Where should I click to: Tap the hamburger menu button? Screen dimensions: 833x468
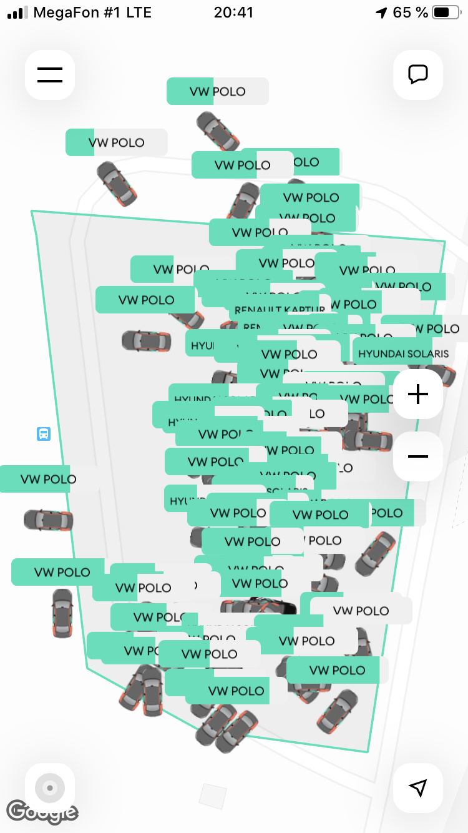[50, 75]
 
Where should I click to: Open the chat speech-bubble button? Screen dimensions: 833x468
[418, 75]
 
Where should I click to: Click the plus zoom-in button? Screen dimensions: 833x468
[418, 394]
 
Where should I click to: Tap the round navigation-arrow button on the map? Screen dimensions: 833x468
[418, 788]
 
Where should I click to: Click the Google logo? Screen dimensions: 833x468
[42, 812]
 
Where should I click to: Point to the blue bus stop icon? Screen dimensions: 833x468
[44, 434]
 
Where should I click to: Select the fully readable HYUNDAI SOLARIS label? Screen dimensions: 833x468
[403, 353]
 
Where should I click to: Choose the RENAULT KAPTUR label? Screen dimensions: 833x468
[280, 310]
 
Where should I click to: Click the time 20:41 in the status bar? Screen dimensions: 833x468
[233, 12]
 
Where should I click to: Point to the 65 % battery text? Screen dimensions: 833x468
[410, 12]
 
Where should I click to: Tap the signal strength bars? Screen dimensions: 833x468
[17, 12]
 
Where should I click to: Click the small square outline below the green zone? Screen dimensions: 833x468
[213, 796]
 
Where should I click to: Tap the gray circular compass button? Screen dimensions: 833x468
[50, 788]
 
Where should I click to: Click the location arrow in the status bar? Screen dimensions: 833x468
[381, 13]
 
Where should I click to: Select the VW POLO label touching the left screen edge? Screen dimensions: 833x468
[37, 479]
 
